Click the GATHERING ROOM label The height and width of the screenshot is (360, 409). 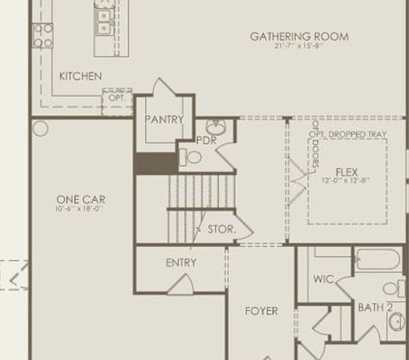[299, 37]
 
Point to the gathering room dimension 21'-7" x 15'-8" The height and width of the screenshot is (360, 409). [299, 47]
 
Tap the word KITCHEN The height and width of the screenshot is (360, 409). [81, 77]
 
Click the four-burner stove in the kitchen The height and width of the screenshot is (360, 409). [42, 35]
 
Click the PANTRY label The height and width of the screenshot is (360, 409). [163, 120]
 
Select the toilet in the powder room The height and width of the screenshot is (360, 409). [192, 156]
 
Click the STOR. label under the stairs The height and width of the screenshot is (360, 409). [221, 227]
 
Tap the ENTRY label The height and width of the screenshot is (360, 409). [181, 263]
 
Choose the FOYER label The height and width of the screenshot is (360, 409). [261, 312]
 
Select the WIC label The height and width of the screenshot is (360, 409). [323, 280]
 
